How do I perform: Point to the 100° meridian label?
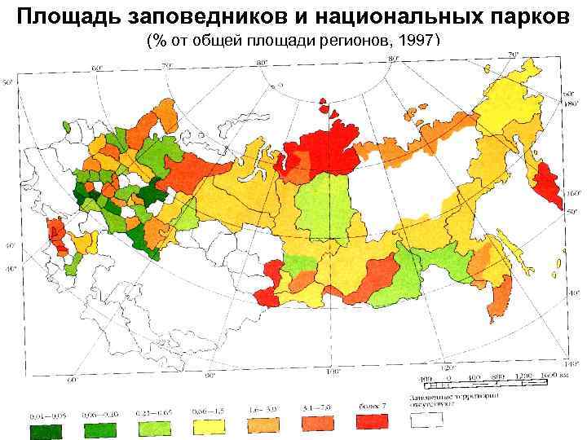(x=333, y=371)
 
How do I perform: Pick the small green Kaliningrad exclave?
(x=70, y=127)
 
